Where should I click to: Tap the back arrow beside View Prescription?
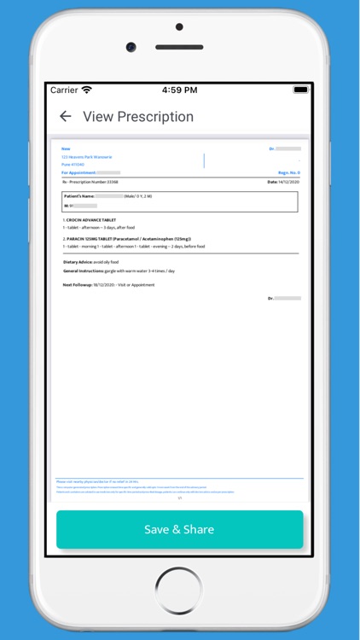[x=65, y=117]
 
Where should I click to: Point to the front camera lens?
[x=131, y=47]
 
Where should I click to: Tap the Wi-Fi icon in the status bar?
[x=87, y=90]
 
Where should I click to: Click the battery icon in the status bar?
[x=300, y=90]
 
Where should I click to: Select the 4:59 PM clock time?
[x=179, y=90]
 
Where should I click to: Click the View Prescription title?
[x=138, y=117]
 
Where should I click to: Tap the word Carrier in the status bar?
[x=64, y=90]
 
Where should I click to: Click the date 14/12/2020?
[x=288, y=182]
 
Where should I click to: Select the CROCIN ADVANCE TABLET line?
[x=91, y=220]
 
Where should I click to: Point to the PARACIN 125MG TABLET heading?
[x=128, y=239]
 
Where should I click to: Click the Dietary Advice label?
[x=82, y=262]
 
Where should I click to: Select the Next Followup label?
[x=79, y=284]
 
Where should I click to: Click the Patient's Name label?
[x=79, y=196]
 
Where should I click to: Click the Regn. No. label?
[x=288, y=172]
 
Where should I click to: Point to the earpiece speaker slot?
[x=179, y=47]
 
